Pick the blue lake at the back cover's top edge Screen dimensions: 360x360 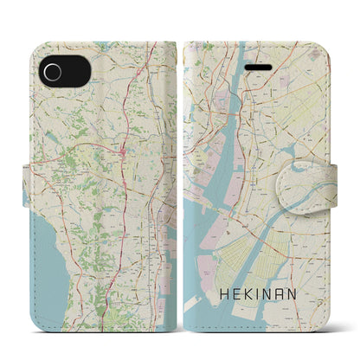tap(103, 42)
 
